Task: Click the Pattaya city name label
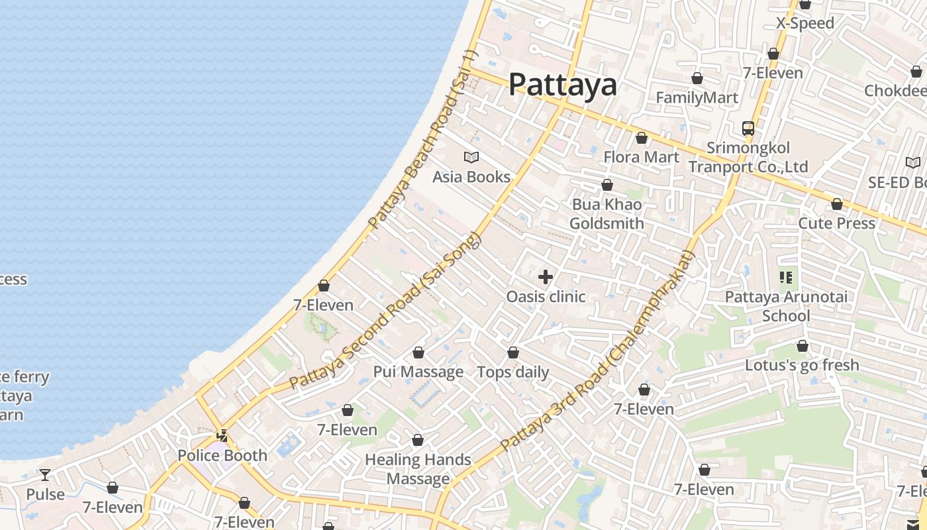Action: pos(562,85)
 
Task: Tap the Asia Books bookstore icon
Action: pos(471,157)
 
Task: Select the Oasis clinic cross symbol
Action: pos(546,277)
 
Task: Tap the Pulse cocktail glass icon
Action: pos(45,475)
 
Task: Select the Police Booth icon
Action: pos(222,436)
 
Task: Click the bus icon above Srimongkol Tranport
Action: pos(748,129)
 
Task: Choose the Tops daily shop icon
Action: pos(513,352)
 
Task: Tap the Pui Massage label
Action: pos(418,372)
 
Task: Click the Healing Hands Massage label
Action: pos(418,469)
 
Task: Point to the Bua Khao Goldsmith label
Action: pos(607,214)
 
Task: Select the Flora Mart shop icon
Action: pos(641,138)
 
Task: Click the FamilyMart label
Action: pos(697,98)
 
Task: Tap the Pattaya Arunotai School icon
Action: pos(786,278)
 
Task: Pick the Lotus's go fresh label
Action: pos(802,365)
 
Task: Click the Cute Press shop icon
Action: pos(837,204)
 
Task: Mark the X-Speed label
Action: pos(805,23)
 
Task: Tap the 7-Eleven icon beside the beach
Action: pos(324,286)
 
